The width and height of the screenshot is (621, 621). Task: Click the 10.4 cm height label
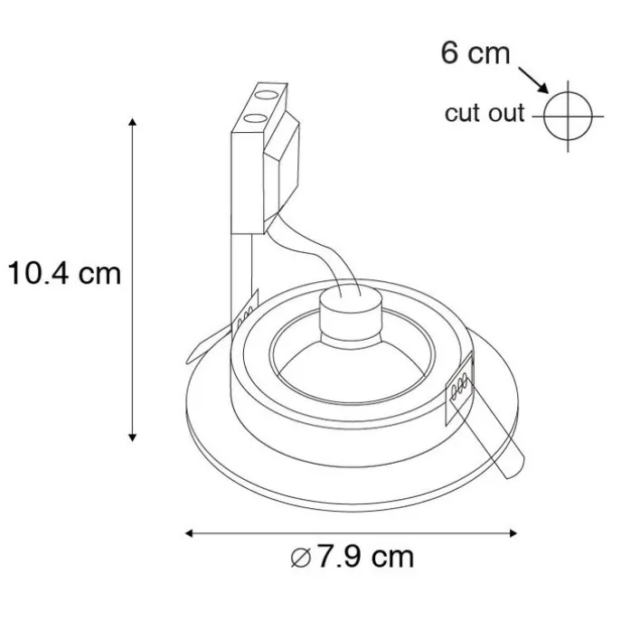[x=64, y=273]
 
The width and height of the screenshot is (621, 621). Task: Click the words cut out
[x=485, y=114]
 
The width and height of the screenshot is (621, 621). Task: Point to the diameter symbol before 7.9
[x=301, y=558]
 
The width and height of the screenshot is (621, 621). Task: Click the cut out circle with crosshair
[x=568, y=117]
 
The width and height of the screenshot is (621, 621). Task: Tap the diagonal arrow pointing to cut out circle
[x=534, y=80]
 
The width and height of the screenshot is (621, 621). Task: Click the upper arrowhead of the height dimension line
[x=133, y=122]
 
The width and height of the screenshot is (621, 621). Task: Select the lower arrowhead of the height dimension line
[x=133, y=438]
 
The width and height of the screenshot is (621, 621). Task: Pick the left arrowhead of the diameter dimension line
[x=189, y=533]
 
